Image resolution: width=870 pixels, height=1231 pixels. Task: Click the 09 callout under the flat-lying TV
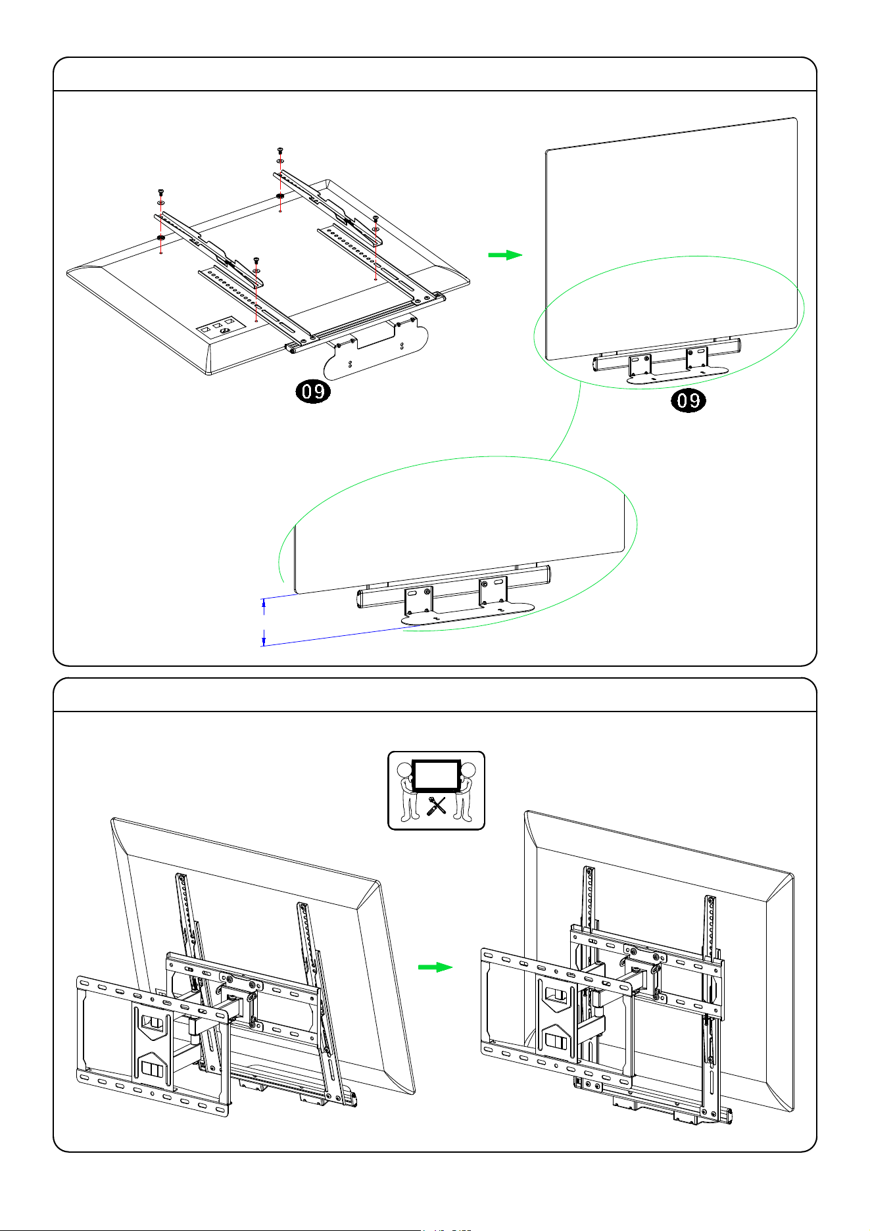click(312, 392)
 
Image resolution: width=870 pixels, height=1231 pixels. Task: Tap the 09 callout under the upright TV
click(689, 400)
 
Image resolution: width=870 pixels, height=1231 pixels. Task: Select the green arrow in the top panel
click(505, 255)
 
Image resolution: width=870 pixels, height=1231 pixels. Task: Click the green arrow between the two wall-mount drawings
click(435, 967)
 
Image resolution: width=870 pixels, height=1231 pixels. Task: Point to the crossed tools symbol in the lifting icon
click(436, 806)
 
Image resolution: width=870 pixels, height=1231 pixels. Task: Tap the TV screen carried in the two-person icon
click(436, 776)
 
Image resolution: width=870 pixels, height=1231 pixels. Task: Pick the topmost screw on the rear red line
click(280, 151)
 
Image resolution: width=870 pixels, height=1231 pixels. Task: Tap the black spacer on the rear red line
click(280, 195)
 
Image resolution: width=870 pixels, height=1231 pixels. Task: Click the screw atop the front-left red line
click(160, 192)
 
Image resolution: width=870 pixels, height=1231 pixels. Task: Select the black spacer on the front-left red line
click(160, 237)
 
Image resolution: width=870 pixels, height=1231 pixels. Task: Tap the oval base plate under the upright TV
click(677, 375)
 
